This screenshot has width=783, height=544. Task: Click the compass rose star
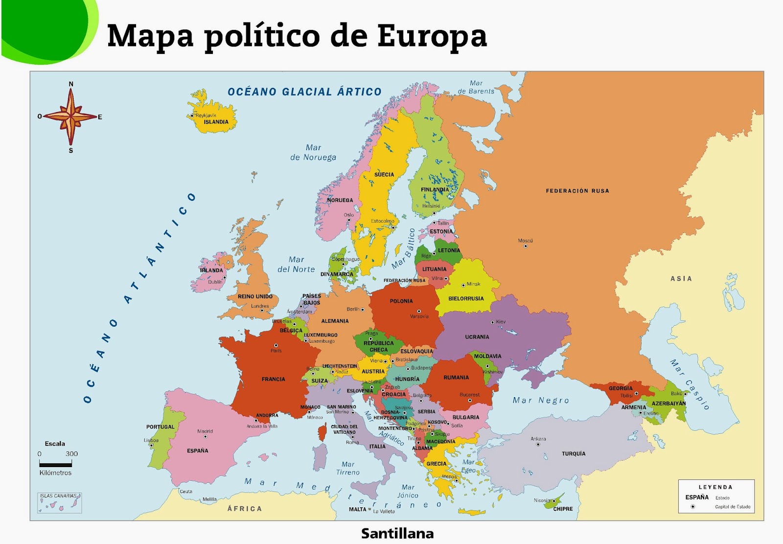[71, 117]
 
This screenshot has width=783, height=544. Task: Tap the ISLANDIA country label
[216, 122]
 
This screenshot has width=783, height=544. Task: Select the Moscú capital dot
[525, 246]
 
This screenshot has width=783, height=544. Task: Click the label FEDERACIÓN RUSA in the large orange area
[577, 191]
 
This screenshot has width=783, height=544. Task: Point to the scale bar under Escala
[55, 464]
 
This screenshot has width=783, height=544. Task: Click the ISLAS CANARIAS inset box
[60, 503]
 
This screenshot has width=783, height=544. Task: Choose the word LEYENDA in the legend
[715, 487]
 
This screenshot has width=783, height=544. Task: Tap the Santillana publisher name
[397, 533]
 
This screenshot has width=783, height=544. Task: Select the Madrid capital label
[205, 431]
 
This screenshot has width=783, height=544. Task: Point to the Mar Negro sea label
[541, 401]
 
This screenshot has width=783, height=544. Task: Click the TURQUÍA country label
[574, 454]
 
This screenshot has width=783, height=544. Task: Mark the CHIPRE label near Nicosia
[563, 509]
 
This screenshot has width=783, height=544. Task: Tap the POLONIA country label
[401, 301]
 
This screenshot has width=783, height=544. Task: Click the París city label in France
[276, 351]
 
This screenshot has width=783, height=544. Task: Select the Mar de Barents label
[476, 87]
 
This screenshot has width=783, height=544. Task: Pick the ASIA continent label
[681, 279]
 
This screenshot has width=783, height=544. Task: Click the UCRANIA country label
[477, 337]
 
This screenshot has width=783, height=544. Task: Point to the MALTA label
[357, 509]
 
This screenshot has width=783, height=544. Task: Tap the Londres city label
[260, 306]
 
